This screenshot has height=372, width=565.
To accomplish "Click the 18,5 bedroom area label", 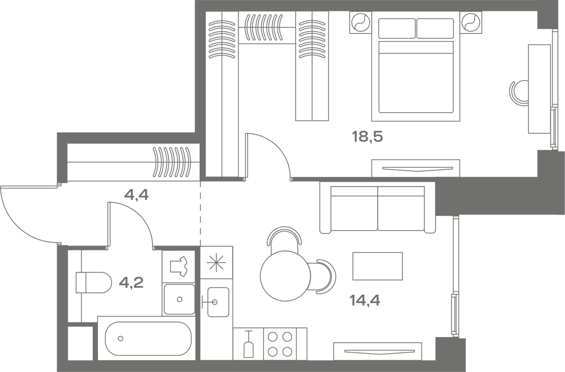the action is tap(368, 137).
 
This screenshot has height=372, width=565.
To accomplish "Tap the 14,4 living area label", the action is tap(365, 301).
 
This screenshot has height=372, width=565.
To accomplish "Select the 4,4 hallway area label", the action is tap(137, 195).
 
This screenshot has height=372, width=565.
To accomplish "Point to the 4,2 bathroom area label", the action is tap(131, 282).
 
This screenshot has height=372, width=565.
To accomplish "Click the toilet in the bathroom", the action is tap(94, 282).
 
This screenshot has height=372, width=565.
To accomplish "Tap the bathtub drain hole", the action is tap(121, 339).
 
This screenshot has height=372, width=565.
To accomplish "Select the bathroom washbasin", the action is tap(179, 299).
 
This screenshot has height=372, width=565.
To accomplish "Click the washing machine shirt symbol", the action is tap(178, 266).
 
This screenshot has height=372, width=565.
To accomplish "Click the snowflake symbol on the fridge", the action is tap(216, 263).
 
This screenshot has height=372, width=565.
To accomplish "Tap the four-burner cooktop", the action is tap(280, 344).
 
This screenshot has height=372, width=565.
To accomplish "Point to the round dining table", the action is tap(285, 276).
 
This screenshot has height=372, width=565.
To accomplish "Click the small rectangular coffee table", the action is tap(378, 266).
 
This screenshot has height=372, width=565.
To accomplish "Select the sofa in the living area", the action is tap(378, 207).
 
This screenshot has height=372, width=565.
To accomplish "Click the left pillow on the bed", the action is tap(397, 28).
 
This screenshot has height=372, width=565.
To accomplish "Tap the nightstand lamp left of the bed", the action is tap(361, 22).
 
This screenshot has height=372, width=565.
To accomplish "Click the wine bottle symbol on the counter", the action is tap(249, 344).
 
